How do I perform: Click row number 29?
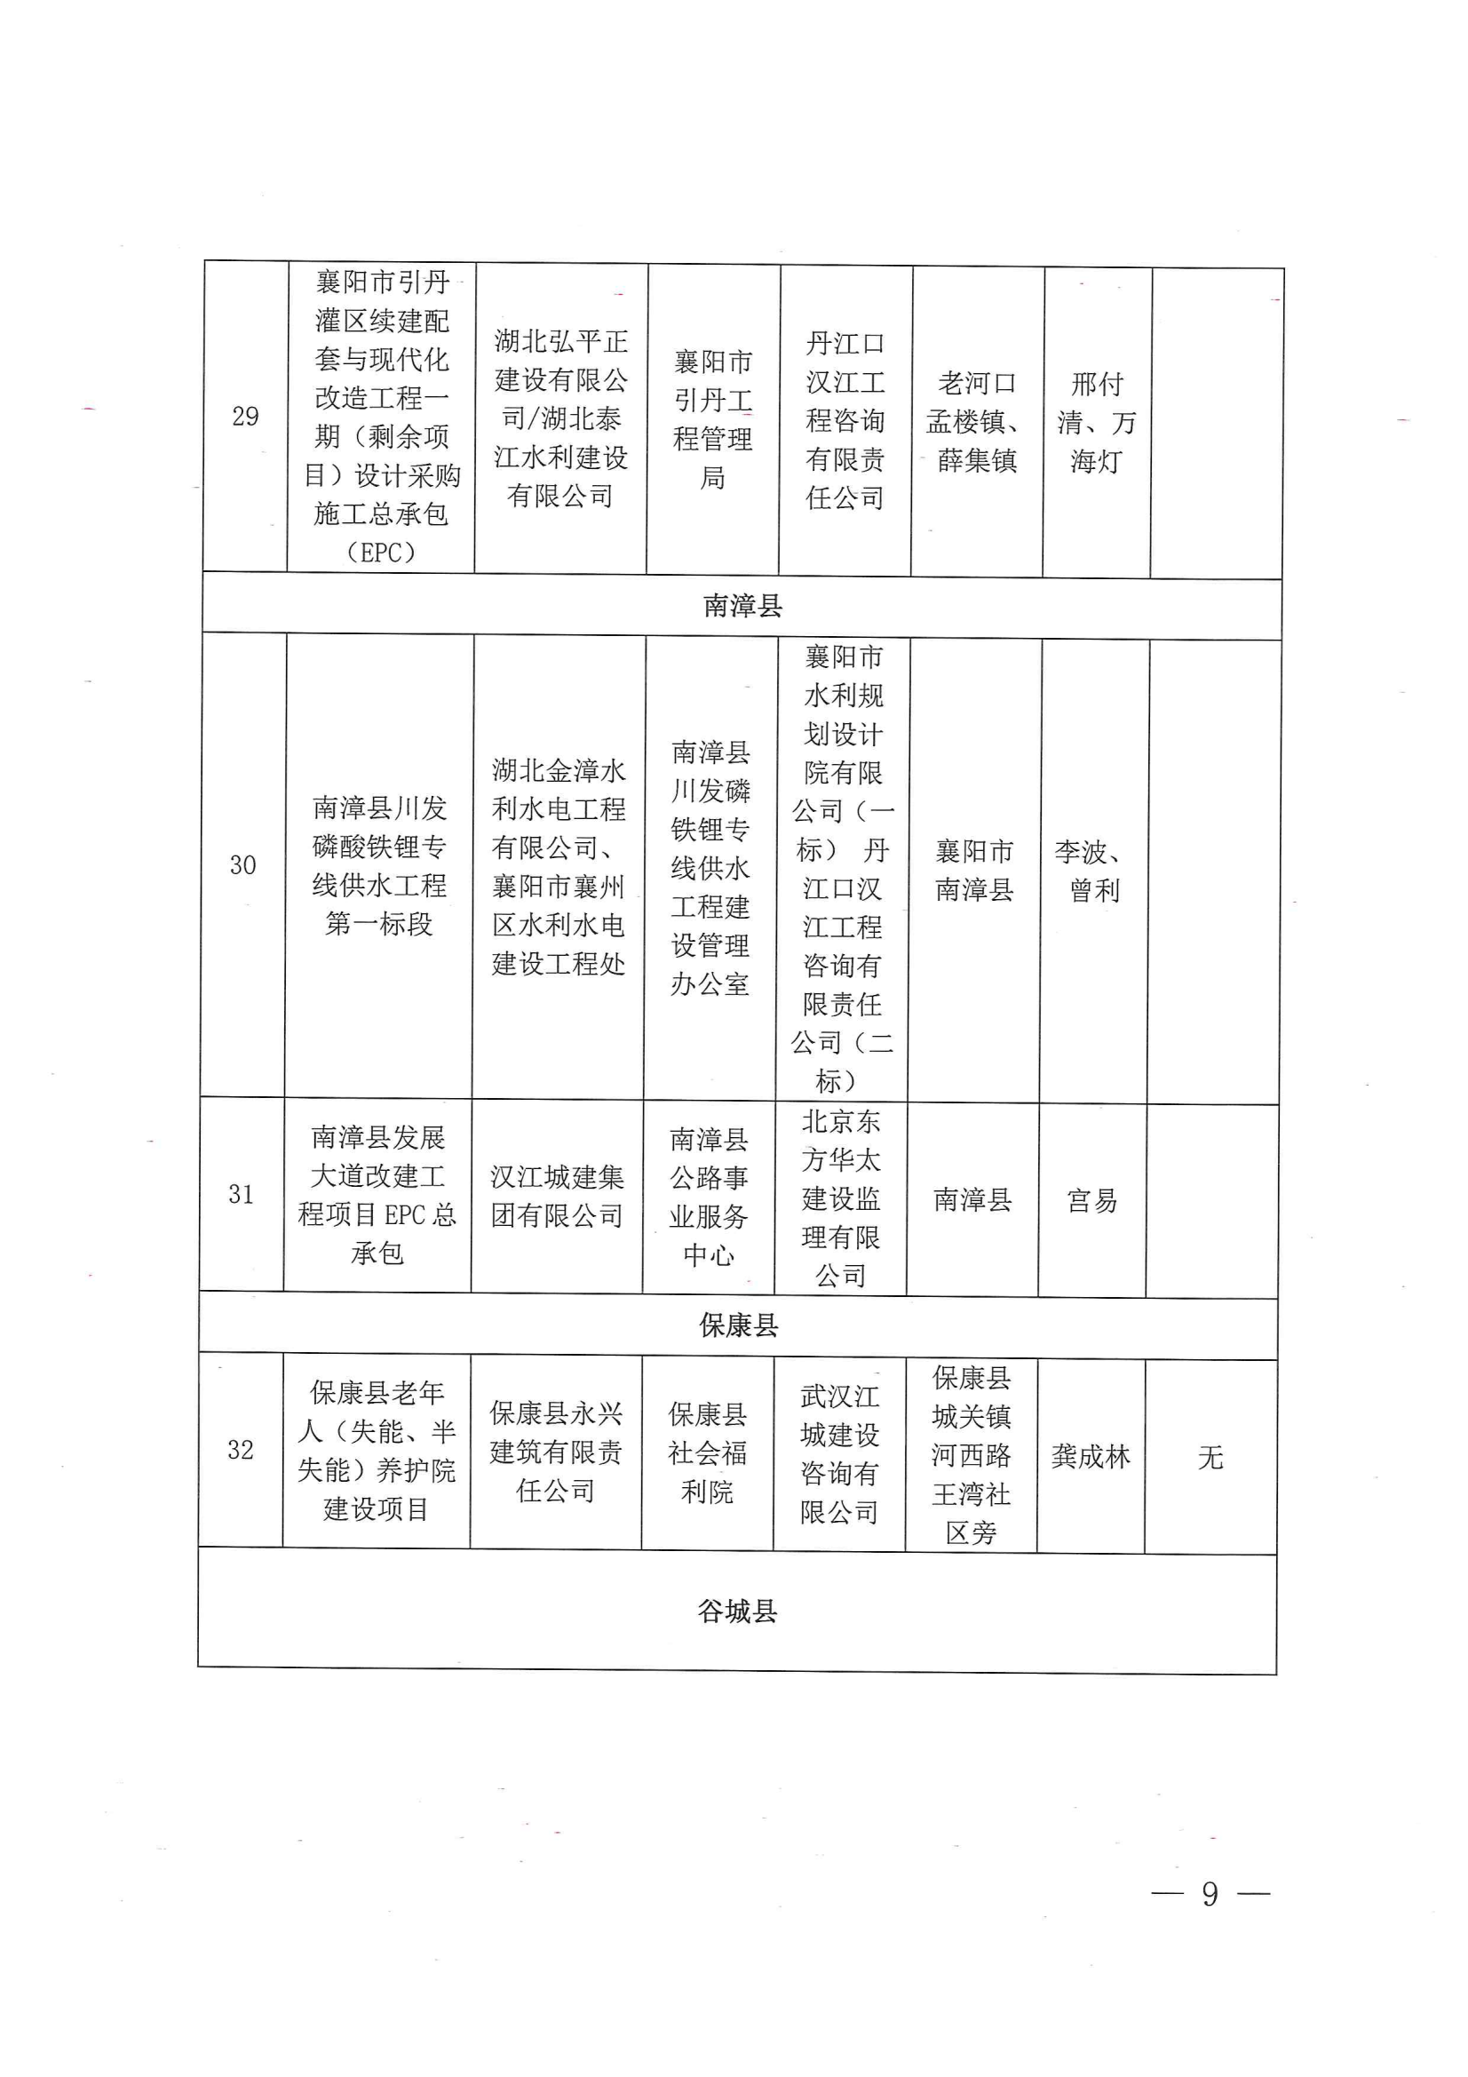(x=245, y=417)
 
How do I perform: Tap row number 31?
(x=241, y=1194)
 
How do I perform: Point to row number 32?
(x=240, y=1450)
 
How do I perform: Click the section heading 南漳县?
(x=742, y=606)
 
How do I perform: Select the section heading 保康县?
(x=738, y=1326)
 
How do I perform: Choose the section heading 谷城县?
(x=736, y=1611)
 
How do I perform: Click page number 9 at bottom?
(x=1210, y=1894)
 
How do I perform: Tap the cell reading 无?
(x=1210, y=1457)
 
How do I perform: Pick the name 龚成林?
(x=1090, y=1456)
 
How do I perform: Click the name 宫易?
(x=1091, y=1200)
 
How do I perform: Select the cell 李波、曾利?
(x=1092, y=871)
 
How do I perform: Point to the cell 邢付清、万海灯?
(x=1096, y=423)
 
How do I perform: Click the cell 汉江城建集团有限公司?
(x=556, y=1196)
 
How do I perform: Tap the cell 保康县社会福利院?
(x=707, y=1452)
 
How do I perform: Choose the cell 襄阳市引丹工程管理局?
(x=713, y=418)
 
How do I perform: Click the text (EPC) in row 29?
(x=381, y=552)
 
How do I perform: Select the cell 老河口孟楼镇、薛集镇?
(x=976, y=422)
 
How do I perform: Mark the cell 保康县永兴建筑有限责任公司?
(x=555, y=1452)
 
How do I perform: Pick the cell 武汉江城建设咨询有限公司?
(x=839, y=1453)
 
